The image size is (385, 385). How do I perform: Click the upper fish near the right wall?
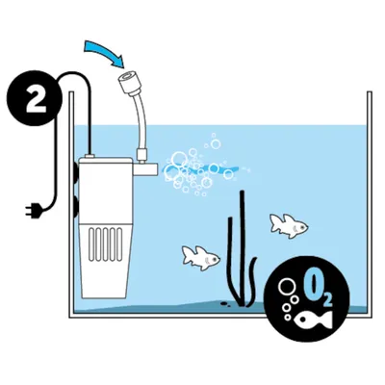click(289, 225)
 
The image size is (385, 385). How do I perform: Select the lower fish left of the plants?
click(201, 256)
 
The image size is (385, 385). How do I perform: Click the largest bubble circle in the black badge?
click(286, 288)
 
